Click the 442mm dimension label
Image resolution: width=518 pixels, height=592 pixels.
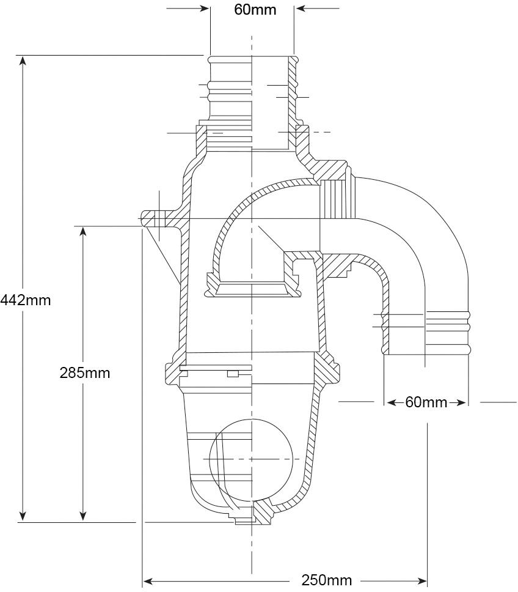pyautogui.click(x=25, y=300)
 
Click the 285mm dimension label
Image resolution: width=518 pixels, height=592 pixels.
pyautogui.click(x=85, y=373)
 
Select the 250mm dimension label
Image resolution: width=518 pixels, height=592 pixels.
pyautogui.click(x=326, y=580)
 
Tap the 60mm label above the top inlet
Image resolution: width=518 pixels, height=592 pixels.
pyautogui.click(x=255, y=9)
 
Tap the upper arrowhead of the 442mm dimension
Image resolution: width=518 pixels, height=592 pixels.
pyautogui.click(x=23, y=61)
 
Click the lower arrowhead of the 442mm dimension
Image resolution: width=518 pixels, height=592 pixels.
pyautogui.click(x=23, y=517)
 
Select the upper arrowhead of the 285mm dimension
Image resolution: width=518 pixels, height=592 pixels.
pyautogui.click(x=83, y=231)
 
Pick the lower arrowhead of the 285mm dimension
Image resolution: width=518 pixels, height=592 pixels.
pyautogui.click(x=83, y=517)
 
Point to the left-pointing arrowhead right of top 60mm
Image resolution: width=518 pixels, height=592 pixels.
pyautogui.click(x=300, y=9)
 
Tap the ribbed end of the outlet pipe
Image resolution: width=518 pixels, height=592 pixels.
pyautogui.click(x=448, y=332)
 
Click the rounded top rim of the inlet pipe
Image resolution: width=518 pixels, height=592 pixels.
pyautogui.click(x=252, y=60)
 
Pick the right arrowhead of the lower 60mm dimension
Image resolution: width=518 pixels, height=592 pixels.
pyautogui.click(x=461, y=403)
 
